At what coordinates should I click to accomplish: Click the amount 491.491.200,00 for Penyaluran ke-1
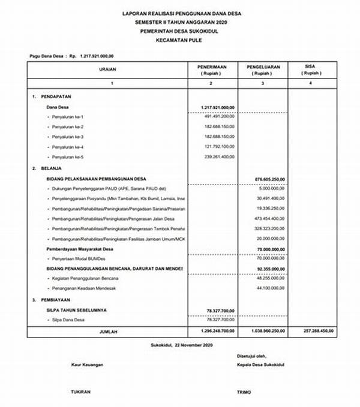click(x=219, y=116)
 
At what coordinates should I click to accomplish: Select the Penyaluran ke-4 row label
click(x=67, y=147)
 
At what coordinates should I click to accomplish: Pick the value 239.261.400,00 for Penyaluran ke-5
click(x=219, y=157)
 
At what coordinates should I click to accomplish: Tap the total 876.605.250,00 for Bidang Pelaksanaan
click(x=269, y=178)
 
